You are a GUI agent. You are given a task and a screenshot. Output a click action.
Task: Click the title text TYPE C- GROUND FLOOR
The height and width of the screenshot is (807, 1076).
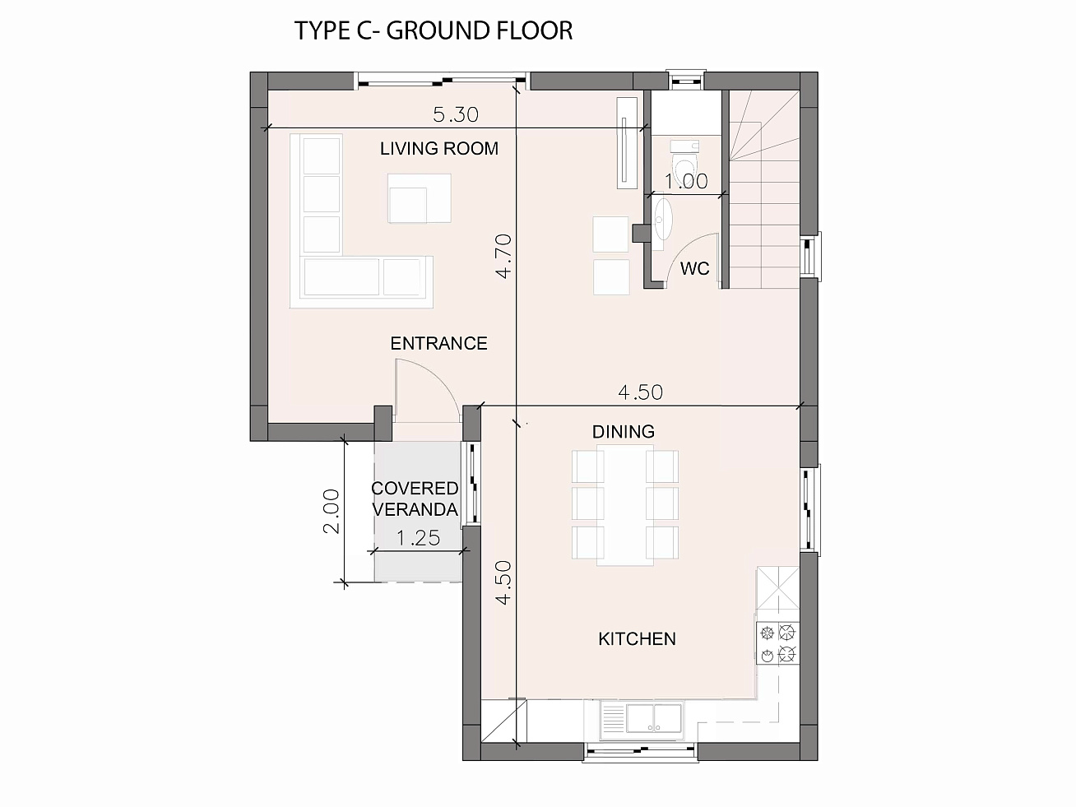click(x=434, y=30)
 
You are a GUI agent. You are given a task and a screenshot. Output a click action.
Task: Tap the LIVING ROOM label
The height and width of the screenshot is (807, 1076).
click(x=439, y=148)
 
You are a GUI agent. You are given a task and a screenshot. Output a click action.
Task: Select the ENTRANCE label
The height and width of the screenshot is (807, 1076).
click(x=438, y=344)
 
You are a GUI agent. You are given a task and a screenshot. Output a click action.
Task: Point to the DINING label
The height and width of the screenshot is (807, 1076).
click(x=623, y=432)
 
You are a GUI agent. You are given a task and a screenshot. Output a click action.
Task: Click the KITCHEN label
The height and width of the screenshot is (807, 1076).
click(x=637, y=639)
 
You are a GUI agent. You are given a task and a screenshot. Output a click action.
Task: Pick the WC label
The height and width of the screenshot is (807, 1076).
click(x=694, y=268)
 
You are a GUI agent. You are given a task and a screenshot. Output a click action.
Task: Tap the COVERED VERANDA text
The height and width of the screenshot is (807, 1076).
click(x=415, y=499)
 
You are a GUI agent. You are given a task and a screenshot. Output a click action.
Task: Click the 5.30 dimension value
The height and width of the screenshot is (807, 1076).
click(x=456, y=114)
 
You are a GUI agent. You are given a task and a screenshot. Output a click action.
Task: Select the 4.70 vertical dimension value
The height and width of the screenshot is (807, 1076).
click(x=504, y=257)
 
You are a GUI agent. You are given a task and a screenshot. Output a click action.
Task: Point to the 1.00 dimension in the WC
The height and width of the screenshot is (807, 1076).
click(x=686, y=182)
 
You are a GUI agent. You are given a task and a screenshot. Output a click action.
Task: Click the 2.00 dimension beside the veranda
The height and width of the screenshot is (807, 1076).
click(x=332, y=511)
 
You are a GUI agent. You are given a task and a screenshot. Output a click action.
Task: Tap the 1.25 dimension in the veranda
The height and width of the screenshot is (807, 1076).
click(x=418, y=539)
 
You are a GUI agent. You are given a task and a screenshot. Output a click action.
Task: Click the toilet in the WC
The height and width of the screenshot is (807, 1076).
click(x=685, y=161)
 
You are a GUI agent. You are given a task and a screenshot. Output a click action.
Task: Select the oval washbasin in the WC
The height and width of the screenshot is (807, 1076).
click(x=662, y=219)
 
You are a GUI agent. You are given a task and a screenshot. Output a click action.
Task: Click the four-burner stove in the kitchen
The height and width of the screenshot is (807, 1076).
click(x=777, y=642)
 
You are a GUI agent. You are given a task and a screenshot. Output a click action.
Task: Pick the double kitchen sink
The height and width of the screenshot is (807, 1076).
click(x=654, y=718)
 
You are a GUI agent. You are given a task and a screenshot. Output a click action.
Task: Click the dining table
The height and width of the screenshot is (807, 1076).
click(x=625, y=505)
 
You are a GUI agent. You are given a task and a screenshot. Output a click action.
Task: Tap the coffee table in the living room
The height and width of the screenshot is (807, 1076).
click(x=419, y=198)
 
